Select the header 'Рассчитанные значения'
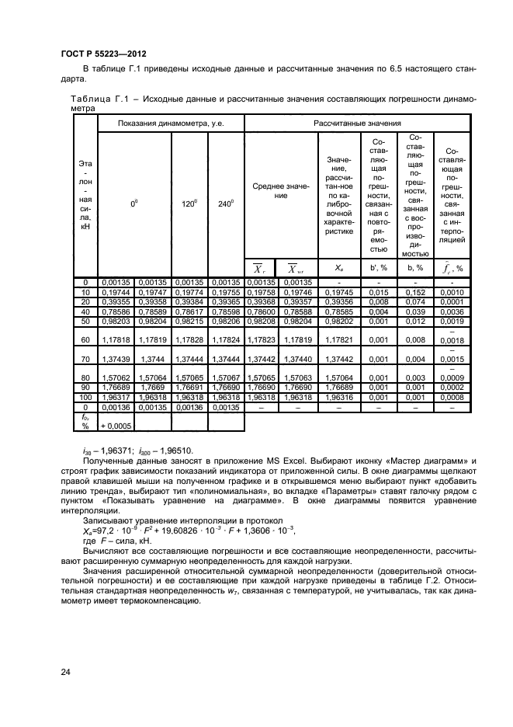[x=357, y=123]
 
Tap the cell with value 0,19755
[x=226, y=292]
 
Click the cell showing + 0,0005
[x=115, y=426]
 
